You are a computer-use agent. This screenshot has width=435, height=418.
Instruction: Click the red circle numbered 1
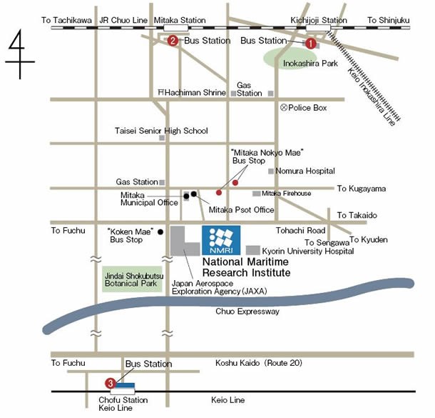[311, 44]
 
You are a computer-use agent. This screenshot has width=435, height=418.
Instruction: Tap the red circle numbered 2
[173, 41]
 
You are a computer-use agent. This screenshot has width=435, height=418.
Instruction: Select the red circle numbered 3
[111, 384]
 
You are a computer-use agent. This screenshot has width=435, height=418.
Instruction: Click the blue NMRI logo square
[221, 240]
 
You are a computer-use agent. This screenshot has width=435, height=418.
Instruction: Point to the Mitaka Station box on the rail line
[176, 28]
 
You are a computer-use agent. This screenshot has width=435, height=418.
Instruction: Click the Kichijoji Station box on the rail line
[318, 28]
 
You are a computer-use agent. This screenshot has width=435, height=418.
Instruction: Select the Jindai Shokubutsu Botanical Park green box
[132, 279]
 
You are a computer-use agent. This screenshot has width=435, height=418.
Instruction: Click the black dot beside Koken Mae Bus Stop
[160, 232]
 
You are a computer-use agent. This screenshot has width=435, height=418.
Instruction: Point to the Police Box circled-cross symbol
[284, 107]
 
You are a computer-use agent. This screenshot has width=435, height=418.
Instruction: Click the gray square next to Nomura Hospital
[271, 171]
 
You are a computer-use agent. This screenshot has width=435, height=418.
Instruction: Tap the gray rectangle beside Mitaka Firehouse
[256, 194]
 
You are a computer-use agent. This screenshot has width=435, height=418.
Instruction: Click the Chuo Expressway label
[247, 312]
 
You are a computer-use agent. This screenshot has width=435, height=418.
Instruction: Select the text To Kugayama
[362, 189]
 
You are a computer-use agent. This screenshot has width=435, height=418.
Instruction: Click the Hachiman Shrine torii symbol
[161, 91]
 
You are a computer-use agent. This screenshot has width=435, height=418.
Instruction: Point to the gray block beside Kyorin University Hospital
[253, 250]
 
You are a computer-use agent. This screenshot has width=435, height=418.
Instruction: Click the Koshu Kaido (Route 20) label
[259, 363]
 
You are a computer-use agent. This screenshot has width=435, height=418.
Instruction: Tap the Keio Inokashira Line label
[372, 96]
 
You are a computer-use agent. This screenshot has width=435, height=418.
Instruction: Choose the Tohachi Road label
[300, 230]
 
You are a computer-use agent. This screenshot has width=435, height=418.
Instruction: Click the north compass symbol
[20, 54]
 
